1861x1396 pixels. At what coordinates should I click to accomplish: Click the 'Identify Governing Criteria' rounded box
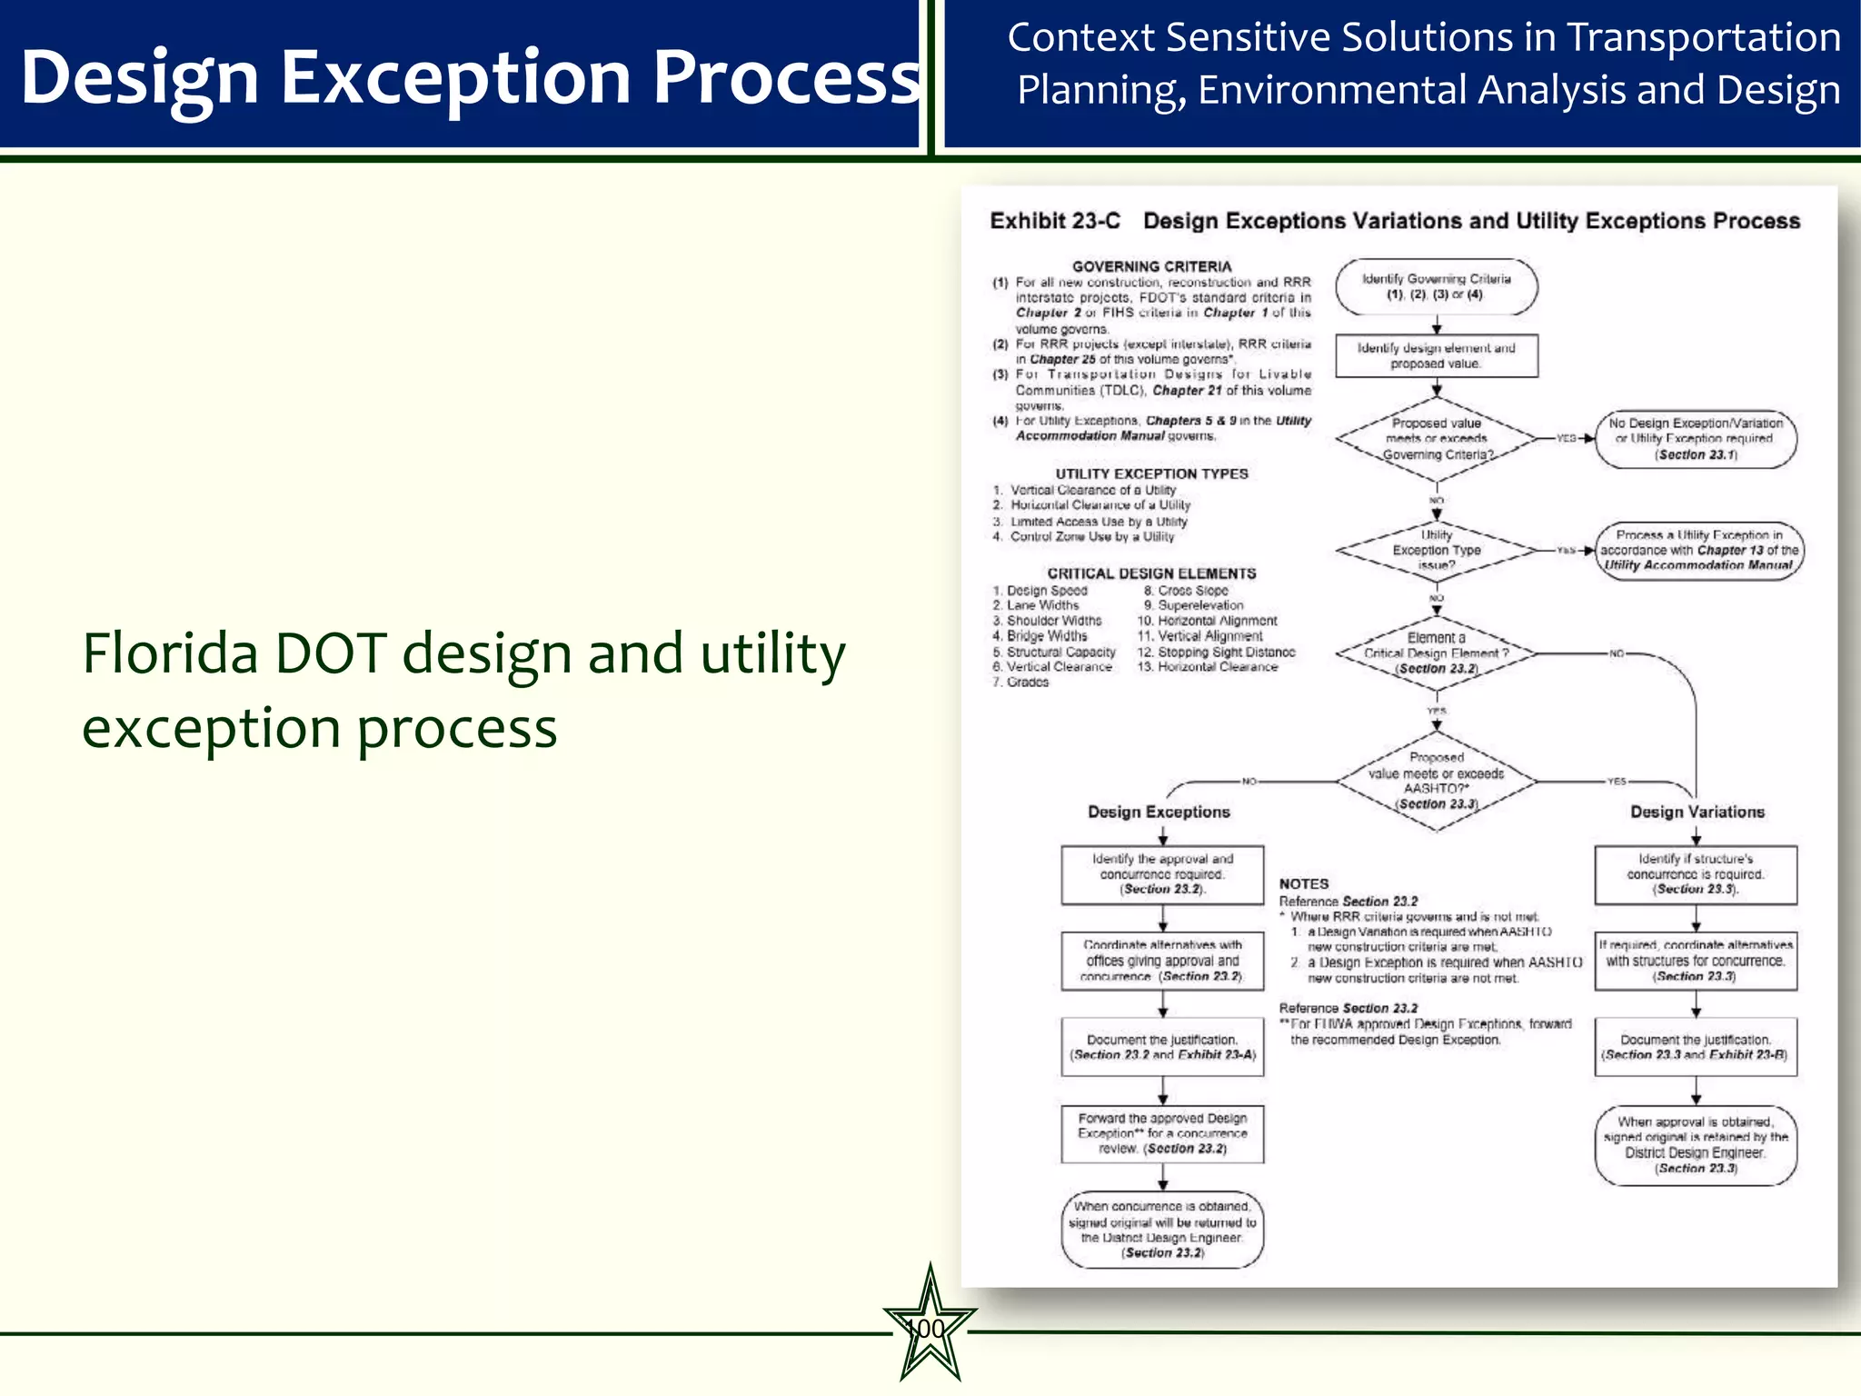pos(1436,287)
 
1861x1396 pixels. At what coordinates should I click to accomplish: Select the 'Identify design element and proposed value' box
pos(1436,355)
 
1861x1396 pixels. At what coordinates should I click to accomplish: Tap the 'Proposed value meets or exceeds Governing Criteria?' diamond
pos(1436,439)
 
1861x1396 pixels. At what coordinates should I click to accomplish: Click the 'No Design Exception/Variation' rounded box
pos(1696,439)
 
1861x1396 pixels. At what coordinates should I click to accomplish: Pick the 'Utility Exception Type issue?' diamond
pos(1436,550)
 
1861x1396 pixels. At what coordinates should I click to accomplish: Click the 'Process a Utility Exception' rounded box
pos(1697,550)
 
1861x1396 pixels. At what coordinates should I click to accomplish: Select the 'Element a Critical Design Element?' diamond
pos(1436,653)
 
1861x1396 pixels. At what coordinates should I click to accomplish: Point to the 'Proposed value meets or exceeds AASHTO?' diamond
pos(1436,781)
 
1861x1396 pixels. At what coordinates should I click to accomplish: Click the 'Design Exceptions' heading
pos(1159,812)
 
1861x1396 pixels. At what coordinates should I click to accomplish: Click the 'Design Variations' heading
pos(1697,812)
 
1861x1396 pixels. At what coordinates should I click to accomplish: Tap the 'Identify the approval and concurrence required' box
pos(1162,874)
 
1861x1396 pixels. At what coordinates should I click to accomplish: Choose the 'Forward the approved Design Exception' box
pos(1162,1133)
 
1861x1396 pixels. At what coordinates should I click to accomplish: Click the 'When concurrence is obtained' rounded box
pos(1162,1230)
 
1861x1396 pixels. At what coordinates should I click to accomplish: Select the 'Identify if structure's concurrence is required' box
pos(1696,874)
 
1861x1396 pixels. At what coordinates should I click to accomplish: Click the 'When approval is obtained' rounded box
pos(1696,1145)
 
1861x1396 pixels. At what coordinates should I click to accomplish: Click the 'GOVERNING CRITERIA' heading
pos(1151,266)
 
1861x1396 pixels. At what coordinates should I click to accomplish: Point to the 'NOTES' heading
pos(1303,883)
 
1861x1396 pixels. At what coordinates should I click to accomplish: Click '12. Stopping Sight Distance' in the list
pos(1216,652)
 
